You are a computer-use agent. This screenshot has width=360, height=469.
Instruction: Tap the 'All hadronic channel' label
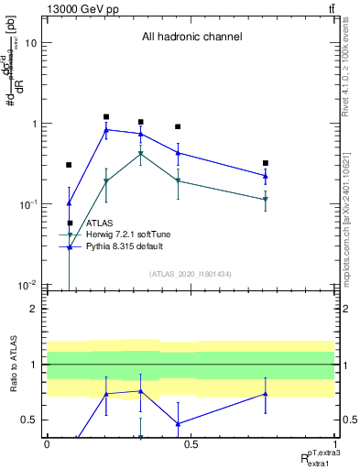tap(191, 38)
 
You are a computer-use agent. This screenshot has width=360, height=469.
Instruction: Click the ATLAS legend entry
tap(99, 223)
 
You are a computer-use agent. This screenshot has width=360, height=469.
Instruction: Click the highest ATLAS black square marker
tap(106, 117)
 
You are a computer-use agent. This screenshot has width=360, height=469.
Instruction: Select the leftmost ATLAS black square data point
tap(69, 165)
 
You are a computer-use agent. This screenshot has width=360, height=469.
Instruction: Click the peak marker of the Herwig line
tap(140, 154)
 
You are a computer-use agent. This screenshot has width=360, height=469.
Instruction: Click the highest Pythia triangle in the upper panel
tap(106, 130)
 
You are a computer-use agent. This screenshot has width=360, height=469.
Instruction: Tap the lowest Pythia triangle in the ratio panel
tap(178, 424)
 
